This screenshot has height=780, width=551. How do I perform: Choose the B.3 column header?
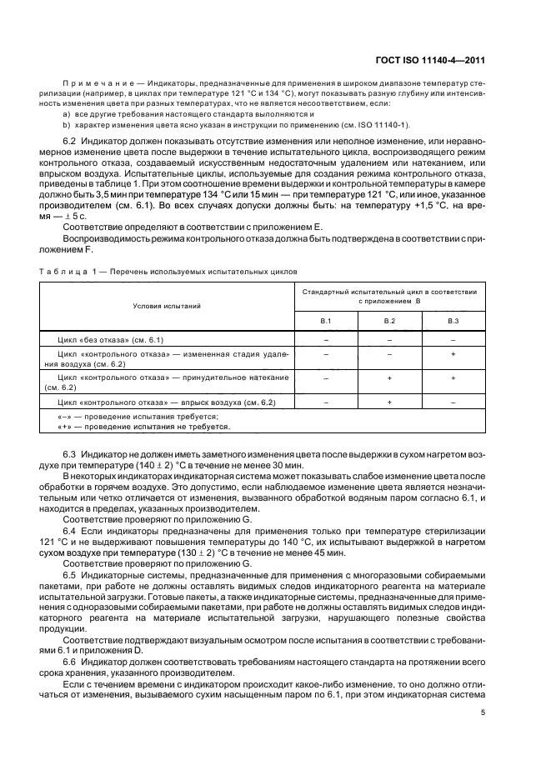(x=453, y=321)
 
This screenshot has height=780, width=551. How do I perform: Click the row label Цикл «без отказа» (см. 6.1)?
(x=110, y=340)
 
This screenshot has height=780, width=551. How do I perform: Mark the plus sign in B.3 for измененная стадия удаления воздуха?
(x=453, y=355)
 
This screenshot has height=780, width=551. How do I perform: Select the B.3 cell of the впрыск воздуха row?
(x=453, y=402)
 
